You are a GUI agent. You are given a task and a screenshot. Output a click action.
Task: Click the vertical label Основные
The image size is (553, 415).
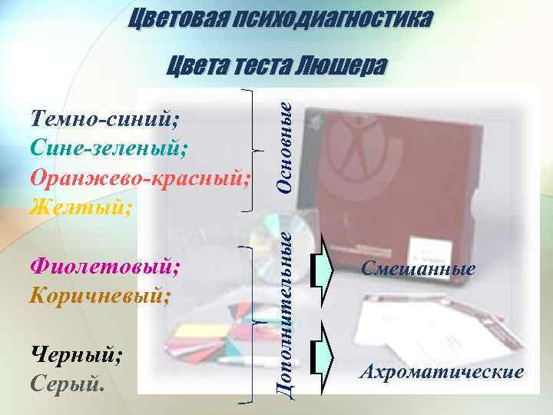point(284,147)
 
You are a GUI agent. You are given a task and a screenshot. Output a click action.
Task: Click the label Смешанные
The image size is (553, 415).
point(419,269)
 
